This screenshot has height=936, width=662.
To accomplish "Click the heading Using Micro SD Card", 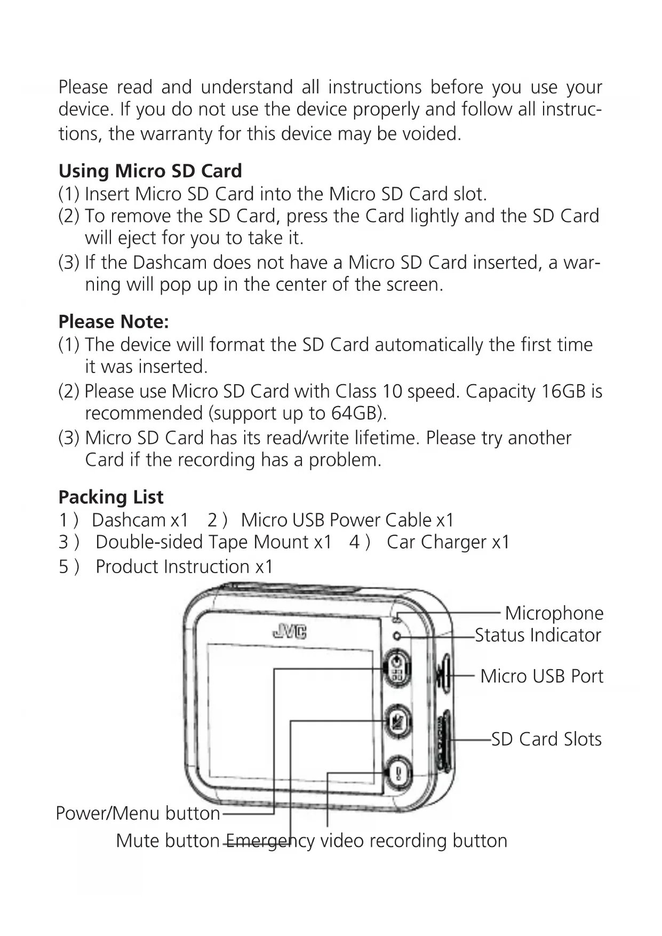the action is click(x=150, y=171).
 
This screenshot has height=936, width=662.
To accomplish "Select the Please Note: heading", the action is click(x=114, y=322).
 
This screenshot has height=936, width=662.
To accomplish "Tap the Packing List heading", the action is click(x=111, y=497).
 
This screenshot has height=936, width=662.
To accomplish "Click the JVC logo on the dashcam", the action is click(x=290, y=632).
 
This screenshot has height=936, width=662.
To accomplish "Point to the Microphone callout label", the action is click(x=554, y=613).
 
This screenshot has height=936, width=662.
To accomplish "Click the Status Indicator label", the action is click(x=538, y=635).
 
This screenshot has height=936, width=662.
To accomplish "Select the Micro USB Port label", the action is click(x=541, y=676).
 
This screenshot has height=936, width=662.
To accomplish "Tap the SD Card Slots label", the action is click(x=546, y=739).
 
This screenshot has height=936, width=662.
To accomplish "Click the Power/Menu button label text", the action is click(x=138, y=813).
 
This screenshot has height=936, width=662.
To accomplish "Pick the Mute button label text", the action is click(x=168, y=840).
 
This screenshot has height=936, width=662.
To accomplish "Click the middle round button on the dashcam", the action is click(x=398, y=721).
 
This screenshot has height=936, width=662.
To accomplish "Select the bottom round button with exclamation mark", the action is click(x=398, y=773).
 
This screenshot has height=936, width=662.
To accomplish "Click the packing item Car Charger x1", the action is click(x=448, y=542).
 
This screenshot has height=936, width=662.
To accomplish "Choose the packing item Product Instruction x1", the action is click(x=184, y=566).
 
